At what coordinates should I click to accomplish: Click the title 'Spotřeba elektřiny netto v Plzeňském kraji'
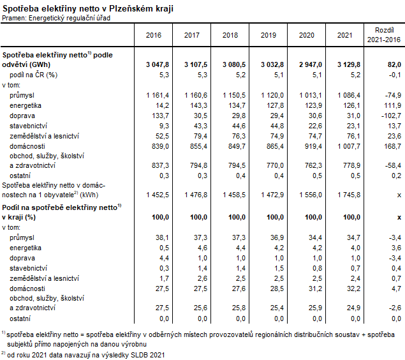click(87, 8)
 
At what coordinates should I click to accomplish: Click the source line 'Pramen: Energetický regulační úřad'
click(57, 17)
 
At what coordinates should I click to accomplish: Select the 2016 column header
click(154, 34)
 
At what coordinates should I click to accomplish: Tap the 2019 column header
click(269, 34)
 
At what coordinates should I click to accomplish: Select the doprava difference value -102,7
click(388, 116)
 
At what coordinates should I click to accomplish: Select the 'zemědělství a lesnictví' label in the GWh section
click(44, 136)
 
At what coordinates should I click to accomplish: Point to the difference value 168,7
click(390, 146)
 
